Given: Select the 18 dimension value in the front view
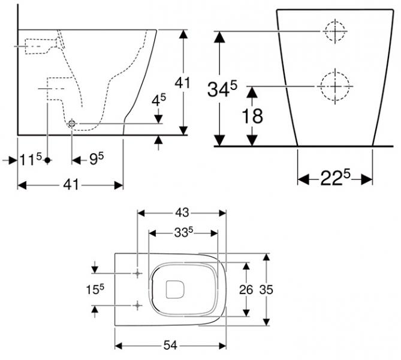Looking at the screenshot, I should tap(252, 116).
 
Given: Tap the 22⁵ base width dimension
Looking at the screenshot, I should tap(335, 179).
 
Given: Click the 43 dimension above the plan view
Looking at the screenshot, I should tap(182, 212).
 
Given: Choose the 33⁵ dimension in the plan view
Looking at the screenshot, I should tap(182, 232).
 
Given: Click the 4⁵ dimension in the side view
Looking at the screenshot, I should tap(158, 100).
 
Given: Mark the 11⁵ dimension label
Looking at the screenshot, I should tap(29, 160).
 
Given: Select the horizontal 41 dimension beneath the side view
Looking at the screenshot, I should tap(70, 186).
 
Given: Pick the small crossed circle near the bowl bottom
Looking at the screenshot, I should tap(72, 123).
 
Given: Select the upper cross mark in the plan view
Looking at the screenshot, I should tap(138, 273).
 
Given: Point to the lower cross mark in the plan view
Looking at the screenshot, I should tap(138, 305).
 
